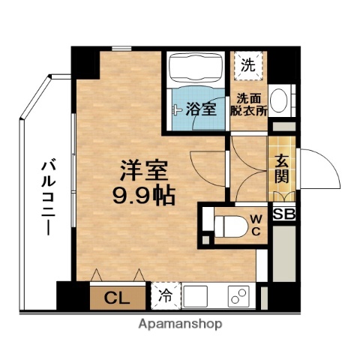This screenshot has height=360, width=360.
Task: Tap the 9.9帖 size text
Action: tap(143, 196)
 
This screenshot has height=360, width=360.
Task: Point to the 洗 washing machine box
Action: tap(247, 64)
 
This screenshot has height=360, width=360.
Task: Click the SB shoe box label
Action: tap(283, 214)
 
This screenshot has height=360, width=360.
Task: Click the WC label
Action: tap(256, 223)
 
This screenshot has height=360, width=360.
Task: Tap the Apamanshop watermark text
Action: tap(180, 325)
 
